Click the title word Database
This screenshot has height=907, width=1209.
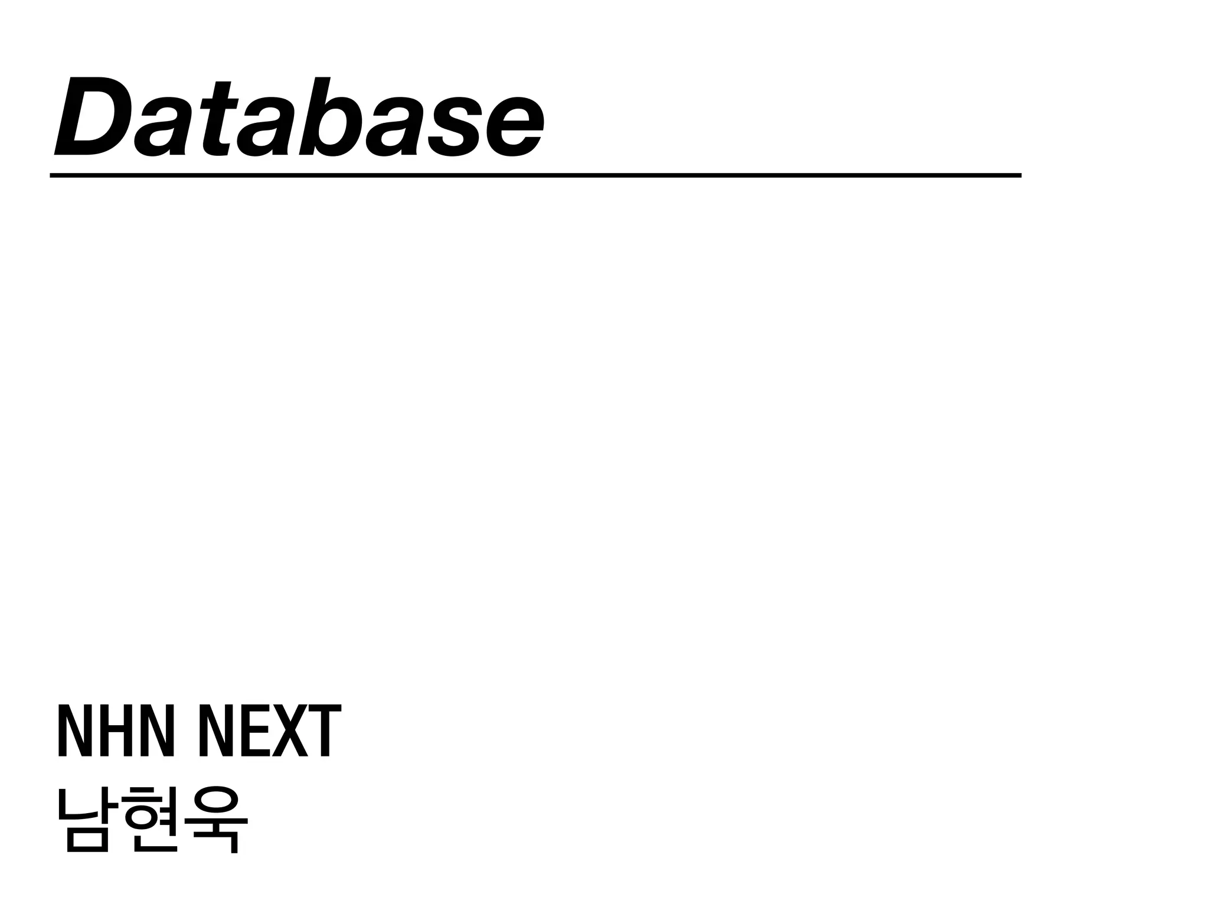pos(298,117)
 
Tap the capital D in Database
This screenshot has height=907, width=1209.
pos(93,117)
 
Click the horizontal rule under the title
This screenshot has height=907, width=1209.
pos(535,175)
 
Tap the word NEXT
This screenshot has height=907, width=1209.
pos(270,730)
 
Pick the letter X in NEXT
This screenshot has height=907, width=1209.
pos(290,730)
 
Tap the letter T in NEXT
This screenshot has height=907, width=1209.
pos(325,730)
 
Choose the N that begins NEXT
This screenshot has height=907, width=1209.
pos(213,730)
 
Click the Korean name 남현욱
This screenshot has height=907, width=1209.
pos(152,820)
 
